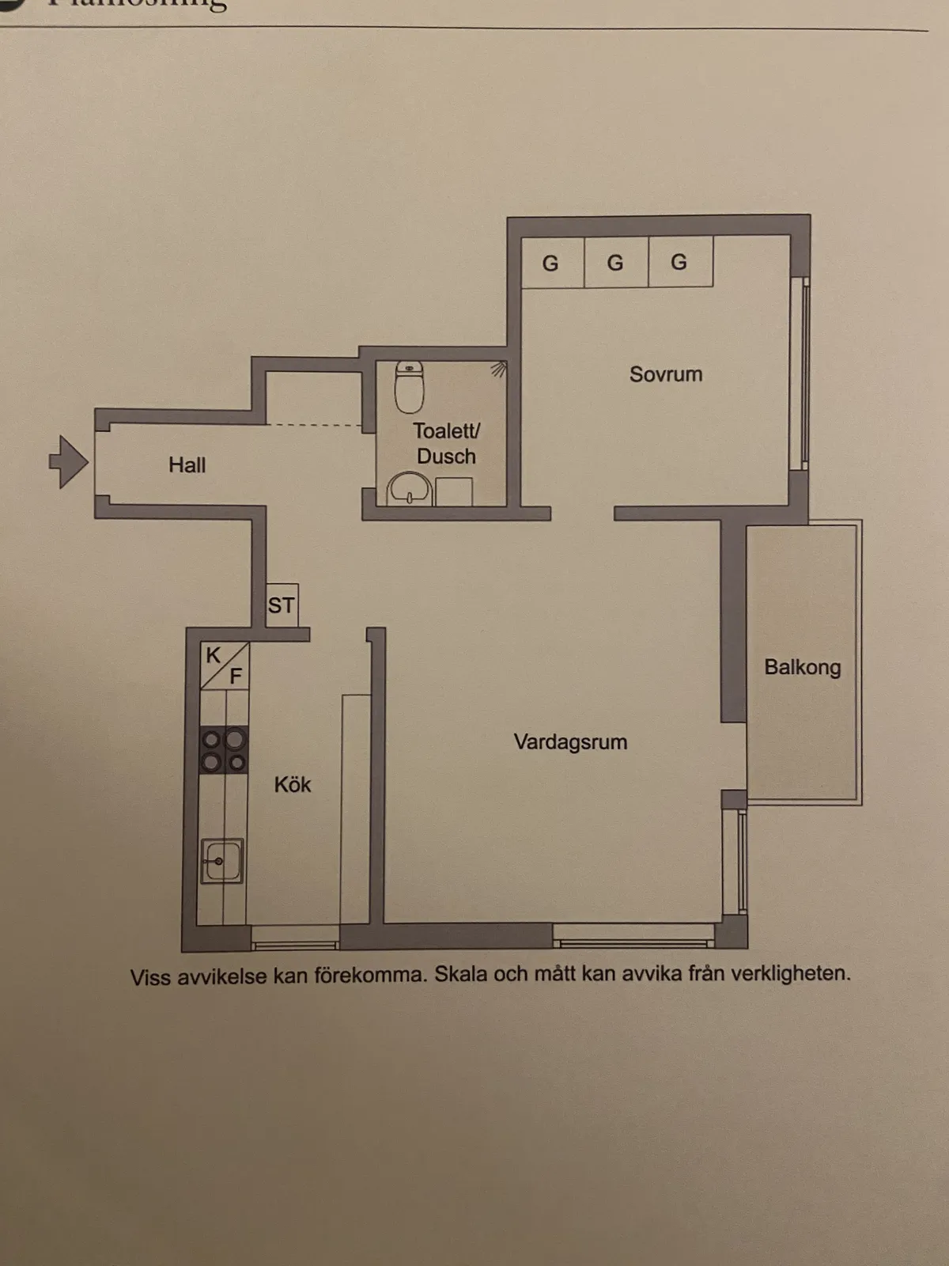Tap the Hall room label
tap(187, 465)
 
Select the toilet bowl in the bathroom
tap(409, 387)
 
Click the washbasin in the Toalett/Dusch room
tap(410, 489)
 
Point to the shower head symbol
tap(498, 369)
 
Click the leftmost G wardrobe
tap(551, 263)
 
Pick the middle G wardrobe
tap(615, 263)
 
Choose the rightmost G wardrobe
tap(679, 263)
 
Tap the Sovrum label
tap(666, 374)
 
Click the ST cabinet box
tap(282, 605)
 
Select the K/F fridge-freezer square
tap(225, 665)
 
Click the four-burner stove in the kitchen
tap(224, 750)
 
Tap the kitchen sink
tap(221, 860)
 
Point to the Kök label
tap(293, 785)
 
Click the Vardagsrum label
tap(570, 742)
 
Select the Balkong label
tap(802, 667)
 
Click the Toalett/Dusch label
tap(446, 443)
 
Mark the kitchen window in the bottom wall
tap(295, 945)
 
